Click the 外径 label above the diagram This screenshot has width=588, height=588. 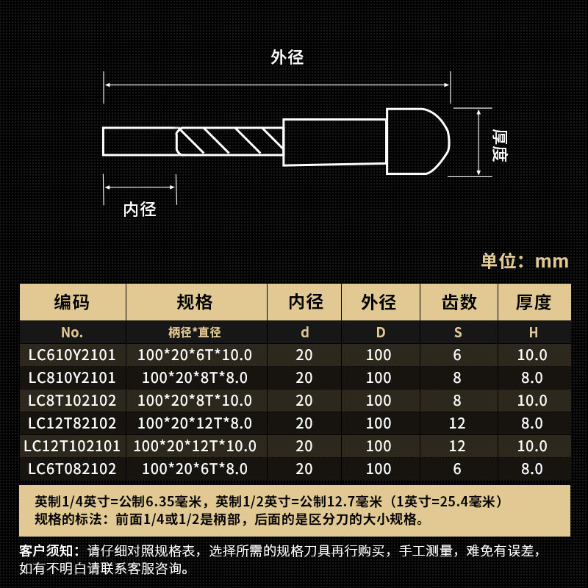pyautogui.click(x=287, y=57)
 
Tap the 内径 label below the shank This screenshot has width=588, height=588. pyautogui.click(x=140, y=209)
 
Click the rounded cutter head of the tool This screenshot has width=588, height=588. pyautogui.click(x=417, y=141)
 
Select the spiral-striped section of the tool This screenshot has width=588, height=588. pyautogui.click(x=230, y=140)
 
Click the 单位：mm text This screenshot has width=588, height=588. pyautogui.click(x=525, y=261)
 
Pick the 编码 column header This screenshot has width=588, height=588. pyautogui.click(x=72, y=302)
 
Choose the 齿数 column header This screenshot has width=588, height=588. pyautogui.click(x=459, y=302)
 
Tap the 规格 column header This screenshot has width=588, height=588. pyautogui.click(x=195, y=302)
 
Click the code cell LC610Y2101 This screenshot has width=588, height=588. pyautogui.click(x=72, y=356)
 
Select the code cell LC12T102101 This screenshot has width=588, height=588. pyautogui.click(x=72, y=446)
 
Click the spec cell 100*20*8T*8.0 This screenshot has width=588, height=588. pyautogui.click(x=195, y=379)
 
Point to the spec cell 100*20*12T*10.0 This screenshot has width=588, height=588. pyautogui.click(x=195, y=446)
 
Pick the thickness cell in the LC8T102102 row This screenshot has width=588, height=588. pyautogui.click(x=532, y=401)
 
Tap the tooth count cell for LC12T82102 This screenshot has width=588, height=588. pyautogui.click(x=458, y=424)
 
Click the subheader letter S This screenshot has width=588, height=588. pyautogui.click(x=458, y=332)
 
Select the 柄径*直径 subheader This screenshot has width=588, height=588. pyautogui.click(x=195, y=332)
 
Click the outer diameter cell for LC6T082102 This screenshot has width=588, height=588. pyautogui.click(x=379, y=469)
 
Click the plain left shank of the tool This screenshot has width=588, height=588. pyautogui.click(x=140, y=141)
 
